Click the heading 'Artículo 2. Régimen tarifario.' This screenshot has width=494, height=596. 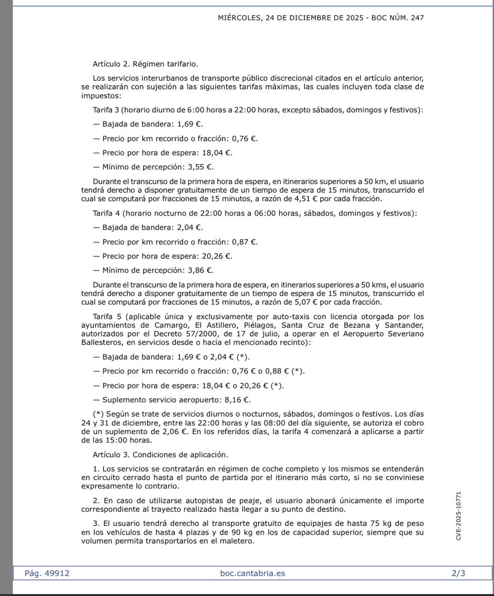pos(145,64)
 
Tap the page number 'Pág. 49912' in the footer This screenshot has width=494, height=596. pos(47,573)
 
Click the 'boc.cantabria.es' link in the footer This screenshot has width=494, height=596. pos(252,573)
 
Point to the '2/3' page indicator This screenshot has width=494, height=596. pos(458,573)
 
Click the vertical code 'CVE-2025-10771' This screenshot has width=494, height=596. pos(459,516)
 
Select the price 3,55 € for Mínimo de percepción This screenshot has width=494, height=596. pos(200,167)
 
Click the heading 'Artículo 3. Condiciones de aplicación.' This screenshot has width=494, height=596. pos(160,455)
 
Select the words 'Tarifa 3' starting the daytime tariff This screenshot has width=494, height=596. pos(106,110)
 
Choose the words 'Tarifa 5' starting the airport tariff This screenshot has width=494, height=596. pos(106,317)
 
